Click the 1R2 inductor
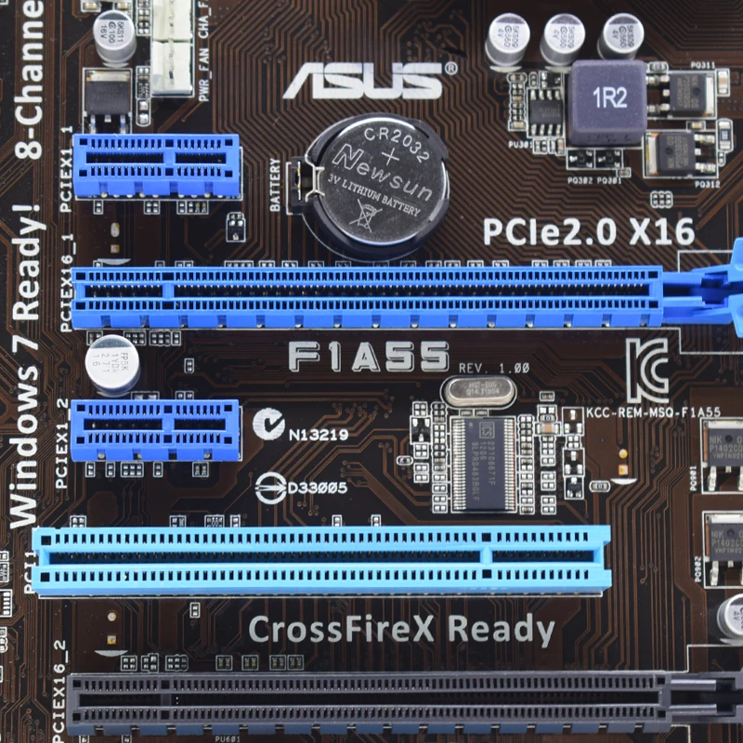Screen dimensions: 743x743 click(608, 100)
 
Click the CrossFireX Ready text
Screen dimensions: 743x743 click(401, 629)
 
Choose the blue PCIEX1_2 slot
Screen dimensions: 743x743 click(156, 429)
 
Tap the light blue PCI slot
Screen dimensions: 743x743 click(320, 559)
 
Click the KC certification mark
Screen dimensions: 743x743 click(646, 370)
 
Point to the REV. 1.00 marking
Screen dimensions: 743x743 click(493, 368)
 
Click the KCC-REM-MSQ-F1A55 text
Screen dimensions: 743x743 click(654, 411)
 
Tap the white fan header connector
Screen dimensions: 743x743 click(172, 46)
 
